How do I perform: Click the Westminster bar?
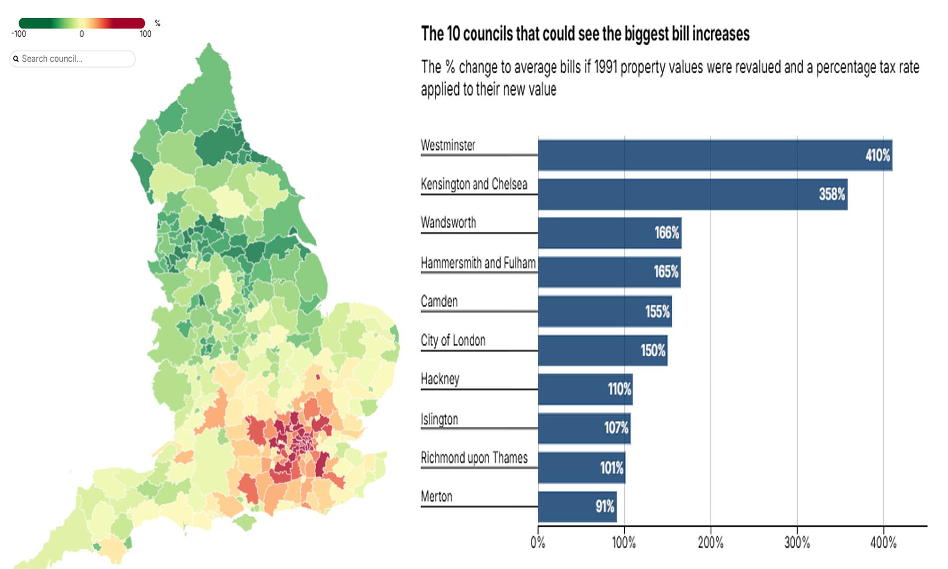click(x=714, y=155)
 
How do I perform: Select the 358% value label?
click(x=832, y=194)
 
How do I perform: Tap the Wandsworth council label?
click(x=448, y=222)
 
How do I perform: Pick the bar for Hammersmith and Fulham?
click(x=609, y=272)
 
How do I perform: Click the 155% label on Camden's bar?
click(x=657, y=312)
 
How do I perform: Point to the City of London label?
click(x=453, y=340)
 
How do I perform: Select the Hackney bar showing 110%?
click(x=585, y=389)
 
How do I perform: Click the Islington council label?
click(x=439, y=419)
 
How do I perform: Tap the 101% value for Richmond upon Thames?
click(x=611, y=468)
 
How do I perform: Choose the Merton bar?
click(x=576, y=506)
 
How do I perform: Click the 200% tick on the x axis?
click(x=711, y=542)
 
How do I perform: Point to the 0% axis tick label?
click(x=538, y=542)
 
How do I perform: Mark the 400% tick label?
click(x=883, y=542)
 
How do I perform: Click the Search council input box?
click(x=75, y=59)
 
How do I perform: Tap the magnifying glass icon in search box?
click(x=16, y=59)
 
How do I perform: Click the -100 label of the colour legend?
click(x=19, y=34)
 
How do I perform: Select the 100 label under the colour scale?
click(x=145, y=34)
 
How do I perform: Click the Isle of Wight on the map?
click(x=245, y=522)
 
